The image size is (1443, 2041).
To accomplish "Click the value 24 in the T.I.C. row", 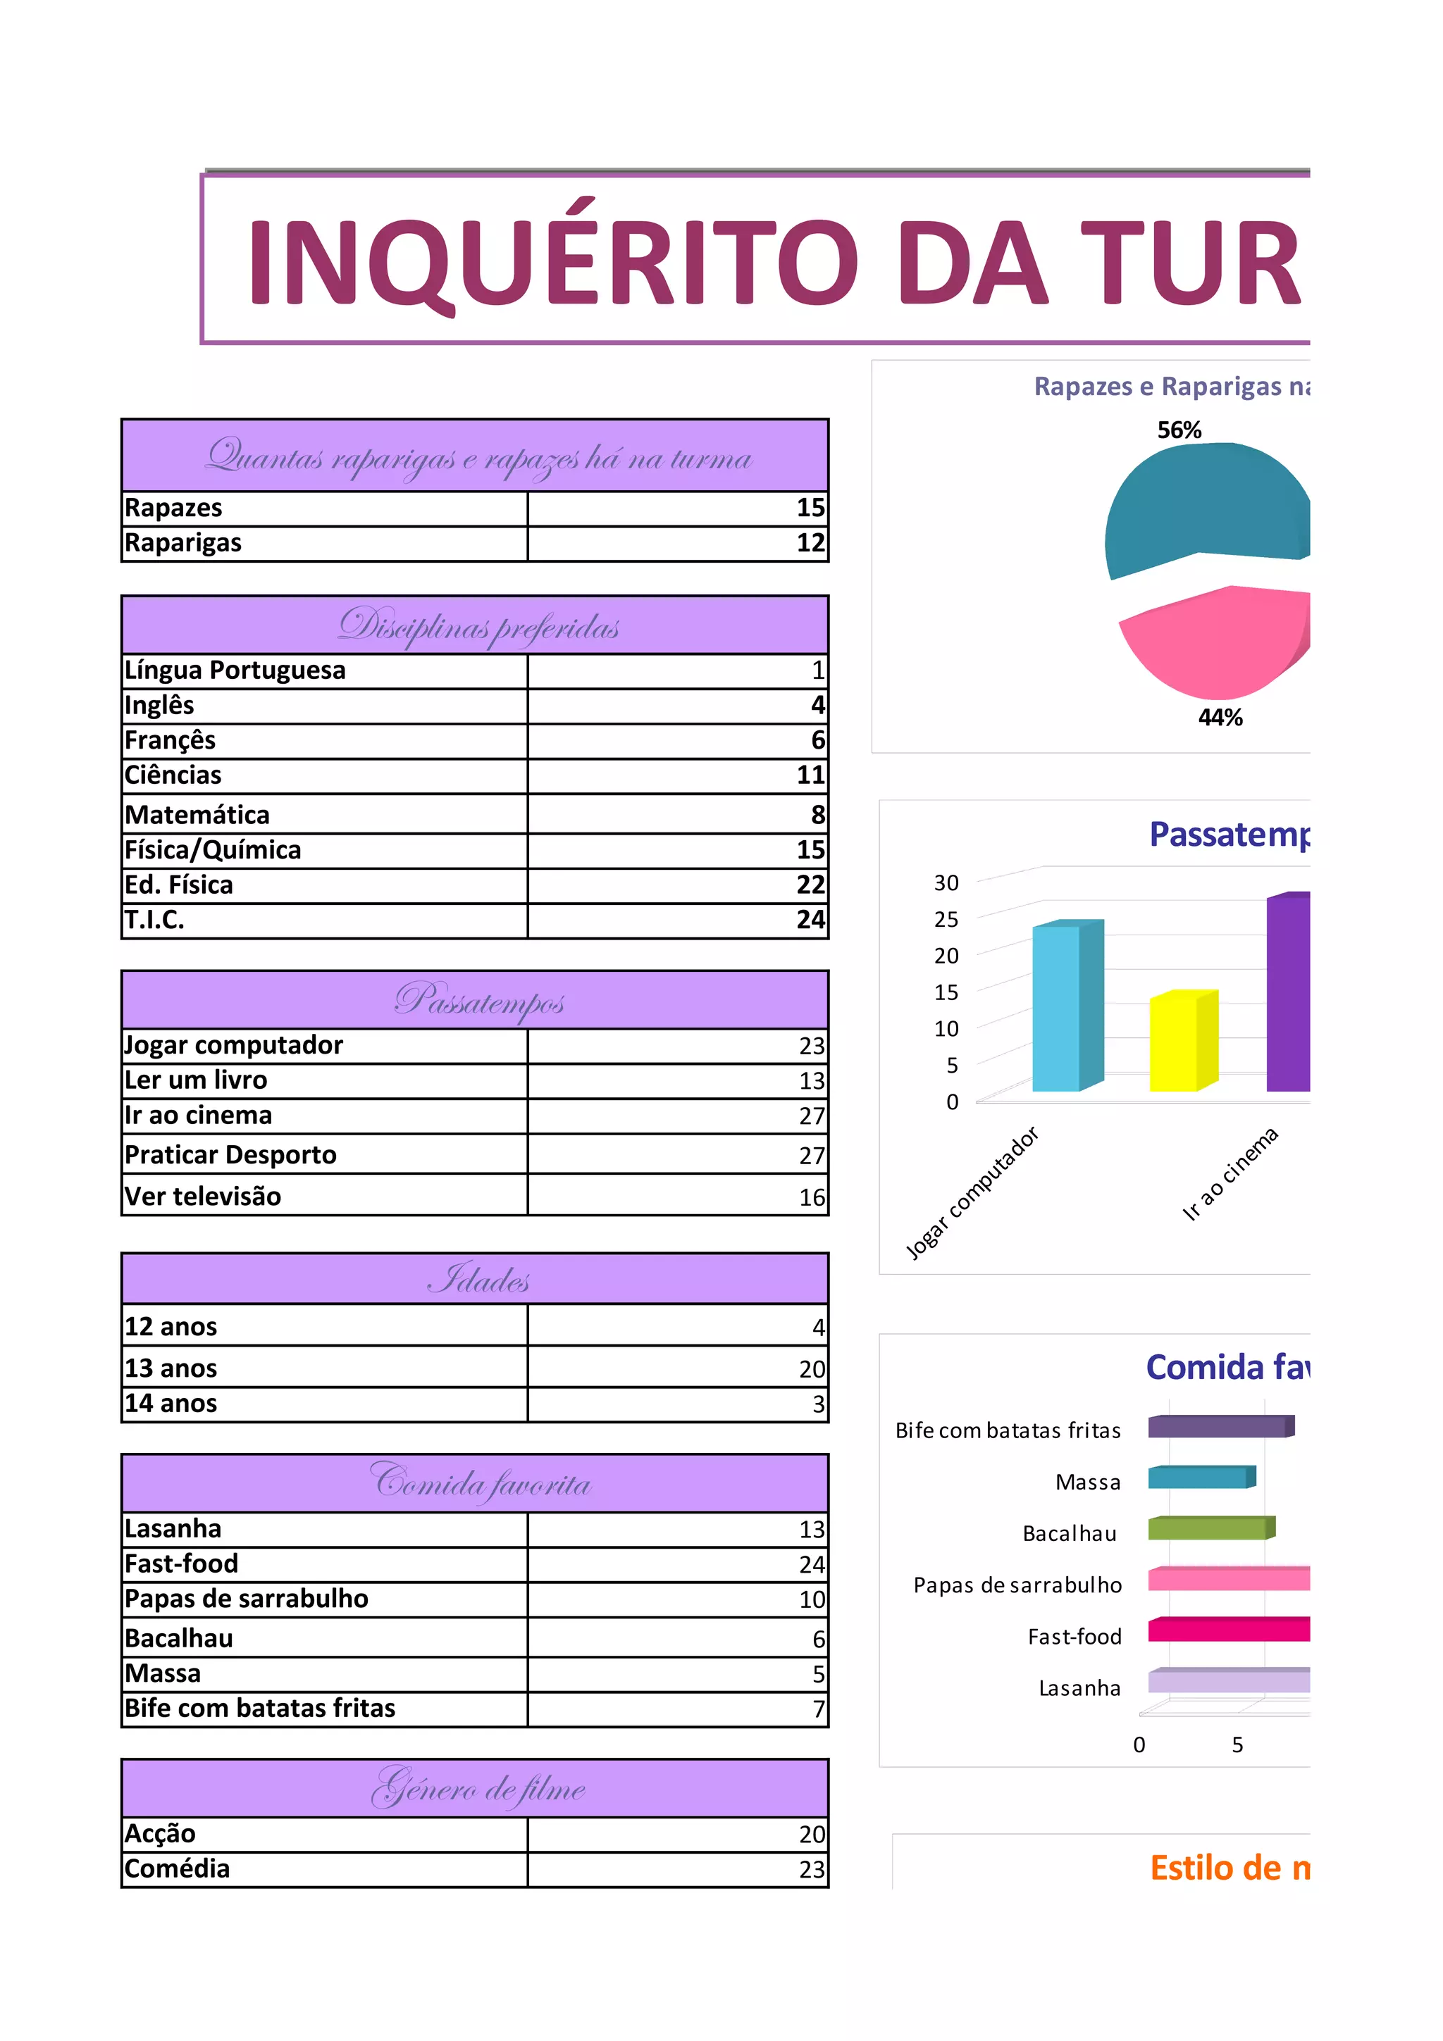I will point(810,919).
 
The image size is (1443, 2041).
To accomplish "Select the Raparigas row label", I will point(183,542).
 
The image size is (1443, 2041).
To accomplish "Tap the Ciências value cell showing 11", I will point(810,775).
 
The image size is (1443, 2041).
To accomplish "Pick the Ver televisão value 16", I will point(812,1197).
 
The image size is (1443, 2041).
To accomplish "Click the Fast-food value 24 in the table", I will point(812,1563).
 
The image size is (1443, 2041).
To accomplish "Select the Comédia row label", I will point(177,1868).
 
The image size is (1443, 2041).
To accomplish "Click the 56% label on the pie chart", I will point(1179,430).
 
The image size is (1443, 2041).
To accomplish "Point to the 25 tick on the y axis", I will point(946,919).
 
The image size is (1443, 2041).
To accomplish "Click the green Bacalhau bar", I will point(1208,1528).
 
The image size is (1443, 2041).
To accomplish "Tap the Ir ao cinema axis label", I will point(1230,1173).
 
